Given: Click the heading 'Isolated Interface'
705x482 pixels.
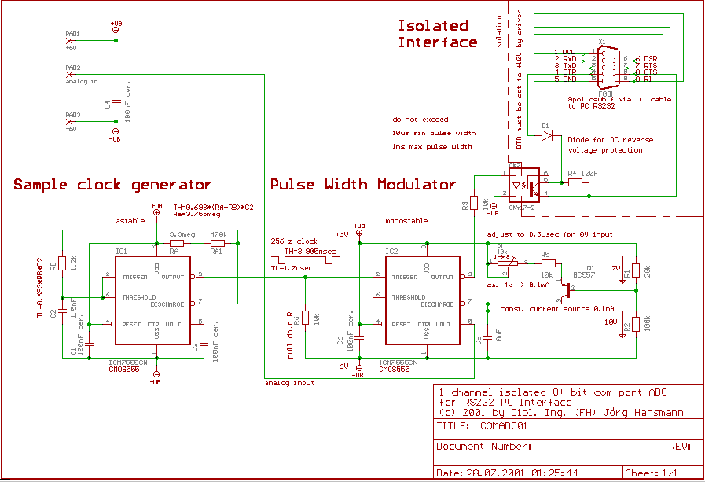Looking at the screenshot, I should pyautogui.click(x=437, y=34).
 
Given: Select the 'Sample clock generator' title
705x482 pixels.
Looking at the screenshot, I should pyautogui.click(x=112, y=185).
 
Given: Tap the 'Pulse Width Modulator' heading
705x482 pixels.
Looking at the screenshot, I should pyautogui.click(x=363, y=185).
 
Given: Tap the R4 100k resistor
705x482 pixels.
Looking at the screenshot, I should pyautogui.click(x=575, y=183).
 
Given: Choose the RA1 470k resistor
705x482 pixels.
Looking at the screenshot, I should pyautogui.click(x=218, y=245).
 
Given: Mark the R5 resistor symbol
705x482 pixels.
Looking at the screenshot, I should pyautogui.click(x=545, y=263).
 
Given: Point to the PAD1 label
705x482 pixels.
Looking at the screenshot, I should pyautogui.click(x=72, y=34).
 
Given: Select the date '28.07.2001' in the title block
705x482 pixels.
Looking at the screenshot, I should pyautogui.click(x=490, y=473).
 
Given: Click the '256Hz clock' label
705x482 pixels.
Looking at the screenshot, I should pyautogui.click(x=294, y=241).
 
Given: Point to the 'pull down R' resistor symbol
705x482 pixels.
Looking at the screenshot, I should pyautogui.click(x=305, y=318).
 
